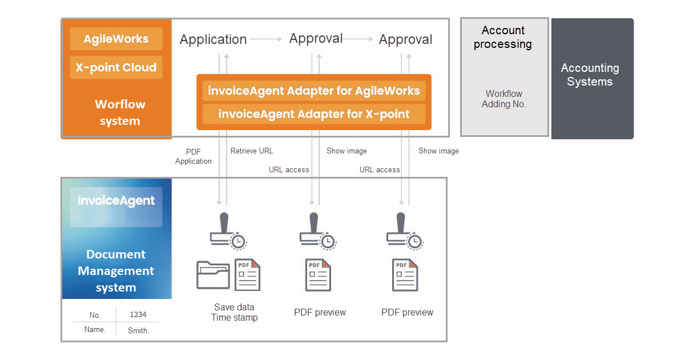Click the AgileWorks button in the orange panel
coord(116,39)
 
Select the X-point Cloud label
coord(116,67)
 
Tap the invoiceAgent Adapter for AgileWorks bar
coord(313,91)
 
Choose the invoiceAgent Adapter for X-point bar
coord(313,114)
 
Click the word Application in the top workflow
coord(213,39)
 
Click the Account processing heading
coord(503,38)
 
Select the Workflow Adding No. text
coord(503,99)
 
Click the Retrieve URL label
coord(252,151)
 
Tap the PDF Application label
coord(193,156)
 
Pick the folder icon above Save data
coord(213,275)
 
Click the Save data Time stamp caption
coord(234,312)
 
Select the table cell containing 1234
coord(138,314)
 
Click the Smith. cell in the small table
coord(138,330)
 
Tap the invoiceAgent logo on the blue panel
coord(116,201)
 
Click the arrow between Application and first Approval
coord(266,39)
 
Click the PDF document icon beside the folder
coord(248,275)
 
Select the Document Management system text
coord(116,271)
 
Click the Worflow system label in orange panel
coord(119,112)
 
